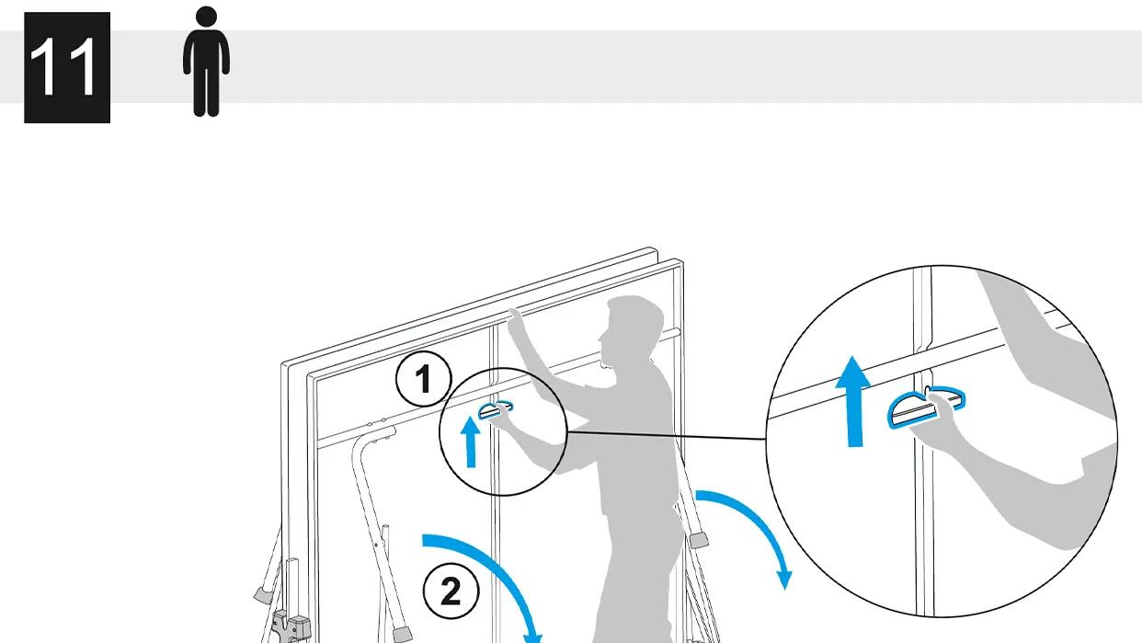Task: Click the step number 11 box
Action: (x=67, y=67)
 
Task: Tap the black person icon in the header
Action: (x=206, y=62)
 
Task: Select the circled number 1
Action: (x=423, y=379)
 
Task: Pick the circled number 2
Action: (x=451, y=591)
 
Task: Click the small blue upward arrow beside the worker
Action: (x=471, y=441)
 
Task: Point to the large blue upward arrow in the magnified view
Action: (x=853, y=401)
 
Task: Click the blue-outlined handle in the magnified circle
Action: (x=925, y=407)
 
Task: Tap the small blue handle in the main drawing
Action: (x=495, y=409)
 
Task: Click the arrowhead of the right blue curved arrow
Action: (x=784, y=580)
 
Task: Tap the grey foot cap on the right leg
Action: (x=699, y=540)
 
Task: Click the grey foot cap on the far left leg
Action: (x=262, y=594)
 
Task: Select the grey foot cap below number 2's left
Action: (x=403, y=634)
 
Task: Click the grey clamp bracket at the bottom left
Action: (x=291, y=626)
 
